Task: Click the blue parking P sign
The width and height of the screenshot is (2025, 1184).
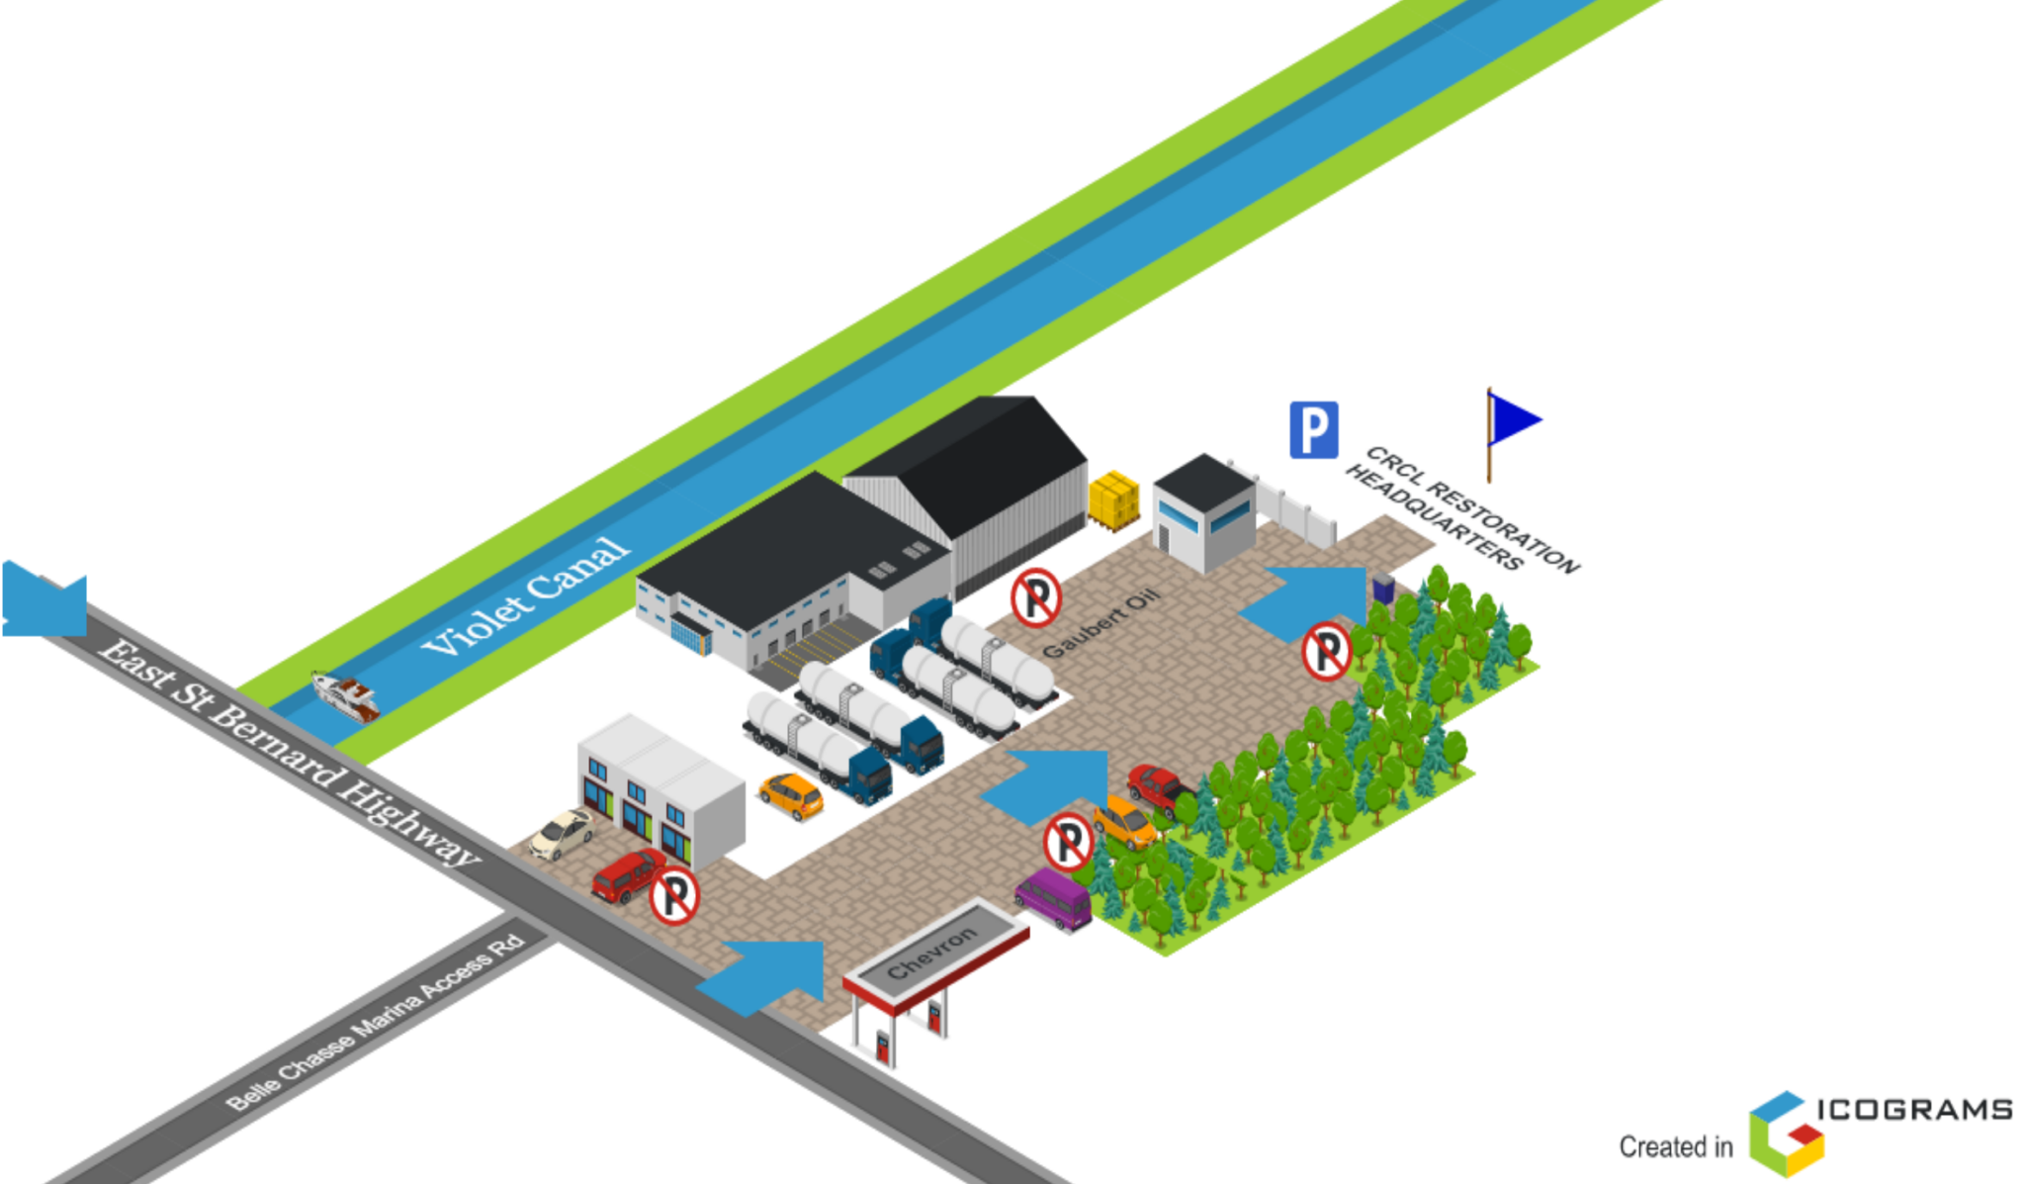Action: coord(1313,429)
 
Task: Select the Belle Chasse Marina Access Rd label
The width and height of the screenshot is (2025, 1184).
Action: coord(375,1022)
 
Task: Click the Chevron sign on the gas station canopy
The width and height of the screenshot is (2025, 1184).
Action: coord(930,954)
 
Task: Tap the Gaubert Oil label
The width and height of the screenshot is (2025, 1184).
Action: coord(1101,623)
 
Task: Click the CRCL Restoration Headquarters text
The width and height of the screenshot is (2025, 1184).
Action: coord(1462,509)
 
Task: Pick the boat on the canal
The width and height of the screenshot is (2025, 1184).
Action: coord(346,694)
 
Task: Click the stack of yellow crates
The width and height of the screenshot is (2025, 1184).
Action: coord(1113,501)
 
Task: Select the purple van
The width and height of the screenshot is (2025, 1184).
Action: coord(1054,898)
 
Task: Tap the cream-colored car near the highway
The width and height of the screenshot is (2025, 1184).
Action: coord(562,834)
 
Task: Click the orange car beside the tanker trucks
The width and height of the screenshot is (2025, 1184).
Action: coord(791,795)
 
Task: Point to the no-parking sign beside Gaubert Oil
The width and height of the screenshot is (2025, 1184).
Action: coord(1036,597)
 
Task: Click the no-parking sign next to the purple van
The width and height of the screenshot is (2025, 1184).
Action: coord(1069,842)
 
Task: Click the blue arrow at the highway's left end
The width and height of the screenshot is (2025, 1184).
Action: coord(44,598)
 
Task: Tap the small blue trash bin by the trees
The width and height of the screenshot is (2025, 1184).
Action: coord(1384,589)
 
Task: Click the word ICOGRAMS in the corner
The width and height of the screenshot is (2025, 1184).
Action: coord(1914,1109)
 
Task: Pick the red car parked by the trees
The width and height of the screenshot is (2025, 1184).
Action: coord(1158,789)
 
